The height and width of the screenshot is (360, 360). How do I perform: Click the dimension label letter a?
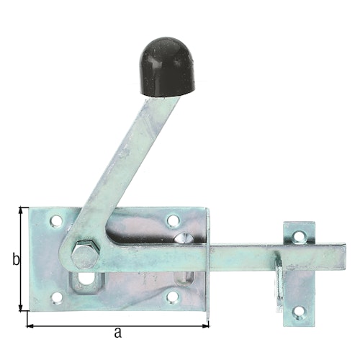117,332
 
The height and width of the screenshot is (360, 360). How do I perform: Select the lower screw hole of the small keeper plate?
297,312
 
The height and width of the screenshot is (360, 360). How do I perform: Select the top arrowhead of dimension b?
22,210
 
